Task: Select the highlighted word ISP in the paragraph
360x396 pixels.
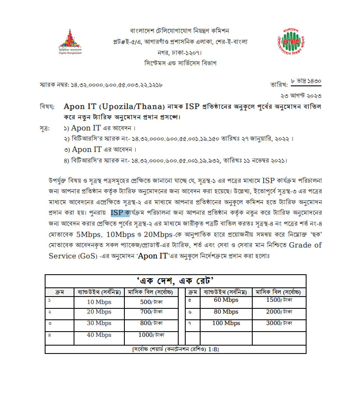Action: (117, 213)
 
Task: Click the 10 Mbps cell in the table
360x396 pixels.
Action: (99, 302)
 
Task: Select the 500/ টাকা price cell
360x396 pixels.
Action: (151, 302)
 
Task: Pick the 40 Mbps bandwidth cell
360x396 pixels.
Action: (99, 335)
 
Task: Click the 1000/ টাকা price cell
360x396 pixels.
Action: (151, 335)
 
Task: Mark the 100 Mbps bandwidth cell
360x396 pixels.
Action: (226, 323)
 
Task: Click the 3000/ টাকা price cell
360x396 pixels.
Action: (279, 323)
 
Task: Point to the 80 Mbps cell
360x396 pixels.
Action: (226, 312)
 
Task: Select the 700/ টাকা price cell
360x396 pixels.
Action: (151, 313)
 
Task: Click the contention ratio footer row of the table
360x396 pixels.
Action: (175, 350)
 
